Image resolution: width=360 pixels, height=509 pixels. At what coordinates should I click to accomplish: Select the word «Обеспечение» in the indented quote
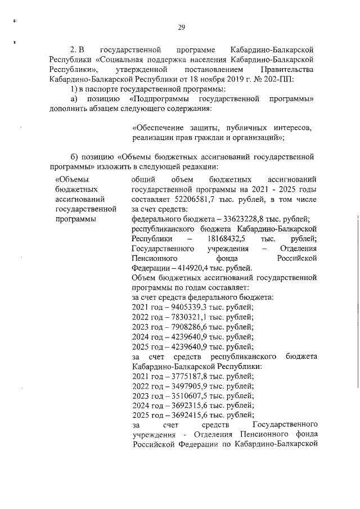[x=156, y=127]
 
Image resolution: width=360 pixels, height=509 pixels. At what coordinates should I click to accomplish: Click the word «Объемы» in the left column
[x=70, y=179]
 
